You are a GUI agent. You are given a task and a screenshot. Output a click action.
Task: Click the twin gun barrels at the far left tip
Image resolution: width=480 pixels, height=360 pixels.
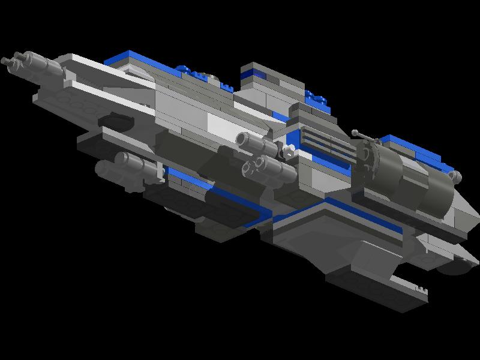(13, 59)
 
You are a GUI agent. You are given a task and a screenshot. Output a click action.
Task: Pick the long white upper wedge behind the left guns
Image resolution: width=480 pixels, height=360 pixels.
(114, 78)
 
